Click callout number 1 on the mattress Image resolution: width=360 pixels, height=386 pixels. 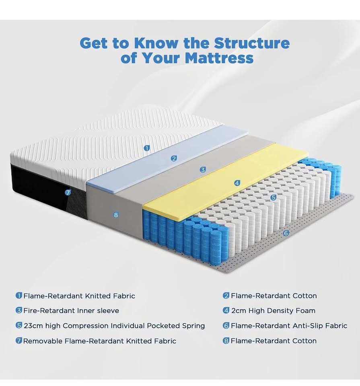(147, 148)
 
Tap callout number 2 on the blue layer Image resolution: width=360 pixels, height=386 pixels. (174, 158)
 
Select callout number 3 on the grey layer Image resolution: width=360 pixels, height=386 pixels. (203, 170)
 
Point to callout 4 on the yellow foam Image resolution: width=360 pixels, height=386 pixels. (237, 183)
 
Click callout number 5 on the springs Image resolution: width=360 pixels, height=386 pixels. (274, 197)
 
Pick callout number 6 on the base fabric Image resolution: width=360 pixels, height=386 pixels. (286, 233)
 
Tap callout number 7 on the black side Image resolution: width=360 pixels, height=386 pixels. (68, 193)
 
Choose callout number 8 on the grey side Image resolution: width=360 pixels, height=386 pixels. (116, 215)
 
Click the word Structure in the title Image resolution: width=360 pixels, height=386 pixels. (251, 43)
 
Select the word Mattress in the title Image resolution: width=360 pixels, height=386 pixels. (219, 58)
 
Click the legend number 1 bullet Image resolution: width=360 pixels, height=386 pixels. (19, 296)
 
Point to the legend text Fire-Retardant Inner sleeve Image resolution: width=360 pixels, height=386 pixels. (71, 311)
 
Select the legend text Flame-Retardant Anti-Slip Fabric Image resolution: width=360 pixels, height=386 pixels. (289, 326)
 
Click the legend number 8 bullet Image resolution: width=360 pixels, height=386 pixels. (226, 341)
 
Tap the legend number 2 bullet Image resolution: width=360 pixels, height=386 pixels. (226, 296)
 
